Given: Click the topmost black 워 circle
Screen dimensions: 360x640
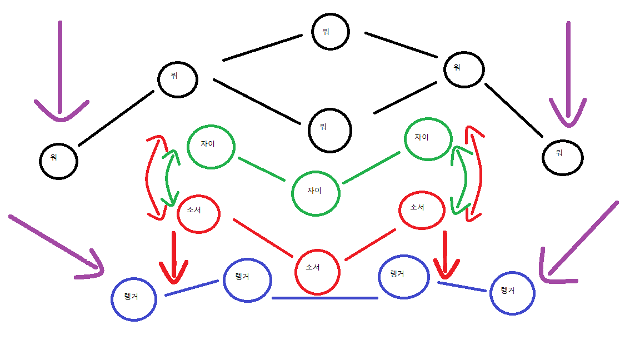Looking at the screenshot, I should (331, 32).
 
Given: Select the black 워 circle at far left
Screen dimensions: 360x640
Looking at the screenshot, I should (58, 161).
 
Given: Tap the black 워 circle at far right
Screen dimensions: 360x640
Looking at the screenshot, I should (562, 157).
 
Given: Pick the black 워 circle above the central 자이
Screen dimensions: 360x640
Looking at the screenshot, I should (330, 130).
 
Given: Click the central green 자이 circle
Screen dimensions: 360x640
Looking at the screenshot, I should (316, 193).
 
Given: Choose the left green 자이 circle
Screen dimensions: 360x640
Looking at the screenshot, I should (211, 146).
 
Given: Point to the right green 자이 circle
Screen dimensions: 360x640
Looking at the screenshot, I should (428, 138).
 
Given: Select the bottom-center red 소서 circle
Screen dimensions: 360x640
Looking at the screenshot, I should (317, 271).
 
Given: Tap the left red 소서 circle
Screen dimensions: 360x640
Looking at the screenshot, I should (198, 214).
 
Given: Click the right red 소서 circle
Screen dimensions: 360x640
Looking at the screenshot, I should (422, 209).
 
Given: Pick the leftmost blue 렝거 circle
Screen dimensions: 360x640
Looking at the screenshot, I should (133, 299).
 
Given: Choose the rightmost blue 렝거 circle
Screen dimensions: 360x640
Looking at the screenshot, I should (512, 293).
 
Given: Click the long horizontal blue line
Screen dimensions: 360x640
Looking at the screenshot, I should (325, 298).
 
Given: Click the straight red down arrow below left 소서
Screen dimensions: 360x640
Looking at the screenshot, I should (174, 256).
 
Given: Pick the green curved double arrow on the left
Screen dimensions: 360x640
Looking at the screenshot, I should (169, 178).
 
